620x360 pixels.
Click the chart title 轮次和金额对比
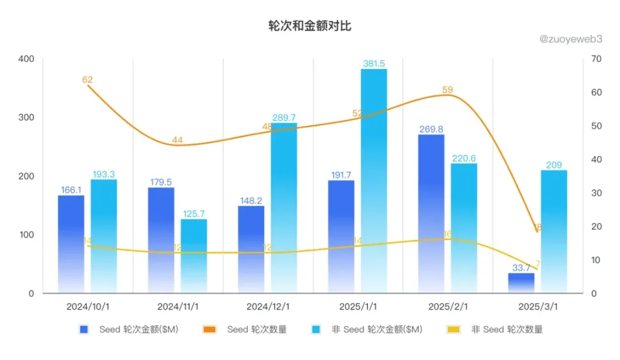pos(309,26)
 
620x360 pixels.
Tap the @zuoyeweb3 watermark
pos(571,38)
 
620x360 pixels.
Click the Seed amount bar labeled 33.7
pos(521,283)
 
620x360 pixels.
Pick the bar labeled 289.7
pos(284,207)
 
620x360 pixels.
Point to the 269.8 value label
pos(431,129)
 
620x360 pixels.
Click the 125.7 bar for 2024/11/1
pos(193,255)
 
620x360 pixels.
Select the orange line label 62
pos(87,80)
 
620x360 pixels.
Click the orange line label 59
pos(448,89)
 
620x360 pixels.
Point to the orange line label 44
pos(177,140)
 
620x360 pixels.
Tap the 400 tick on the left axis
pos(26,59)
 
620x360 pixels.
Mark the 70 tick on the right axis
pos(596,59)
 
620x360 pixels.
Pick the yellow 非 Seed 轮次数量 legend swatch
pos(454,329)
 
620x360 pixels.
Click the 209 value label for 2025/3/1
pos(554,165)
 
